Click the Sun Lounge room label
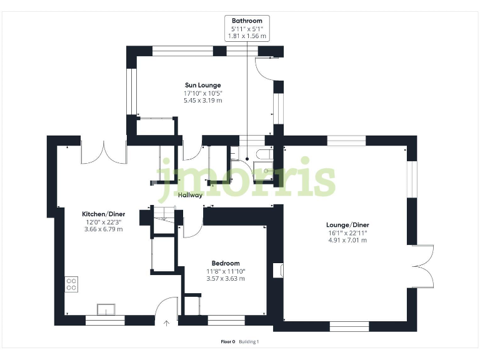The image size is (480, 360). click(202, 85)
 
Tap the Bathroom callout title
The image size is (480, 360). click(247, 21)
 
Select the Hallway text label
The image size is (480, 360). click(190, 195)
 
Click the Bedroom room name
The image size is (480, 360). click(225, 263)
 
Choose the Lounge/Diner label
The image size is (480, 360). click(347, 224)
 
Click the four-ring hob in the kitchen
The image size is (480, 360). click(71, 284)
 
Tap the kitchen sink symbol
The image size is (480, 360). click(106, 309)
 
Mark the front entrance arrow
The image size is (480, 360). click(166, 323)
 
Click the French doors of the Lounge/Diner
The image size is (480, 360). click(424, 266)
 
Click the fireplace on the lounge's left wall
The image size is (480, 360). click(279, 270)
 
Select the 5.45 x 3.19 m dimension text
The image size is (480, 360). click(202, 100)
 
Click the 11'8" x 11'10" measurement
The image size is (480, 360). click(225, 271)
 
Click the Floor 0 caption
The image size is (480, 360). click(227, 341)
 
